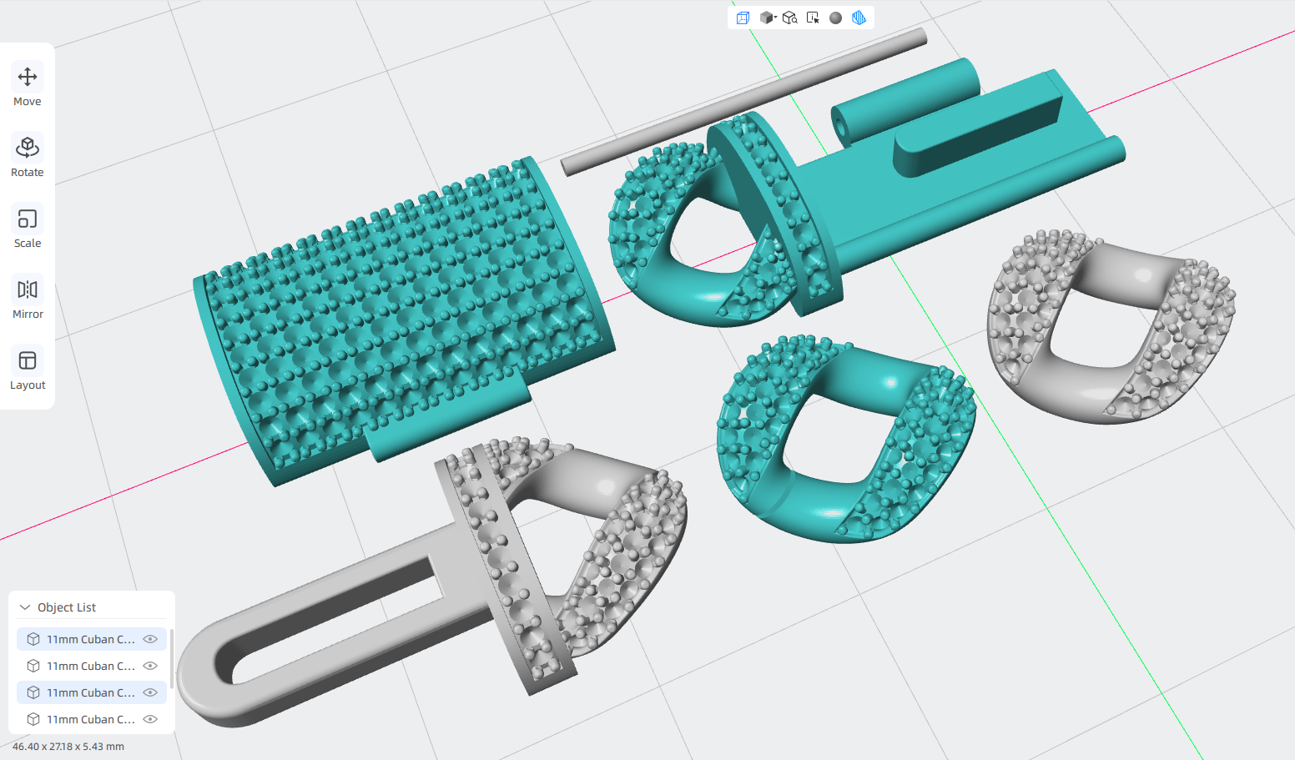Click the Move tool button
pyautogui.click(x=28, y=84)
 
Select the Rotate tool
pyautogui.click(x=28, y=155)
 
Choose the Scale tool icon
pyautogui.click(x=28, y=227)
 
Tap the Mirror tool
pyautogui.click(x=28, y=298)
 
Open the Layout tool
pyautogui.click(x=28, y=369)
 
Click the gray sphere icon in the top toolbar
pyautogui.click(x=835, y=18)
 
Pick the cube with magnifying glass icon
pyautogui.click(x=789, y=18)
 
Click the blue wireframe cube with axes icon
pyautogui.click(x=743, y=18)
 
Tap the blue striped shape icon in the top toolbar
pyautogui.click(x=859, y=18)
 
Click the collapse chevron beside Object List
pyautogui.click(x=25, y=606)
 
